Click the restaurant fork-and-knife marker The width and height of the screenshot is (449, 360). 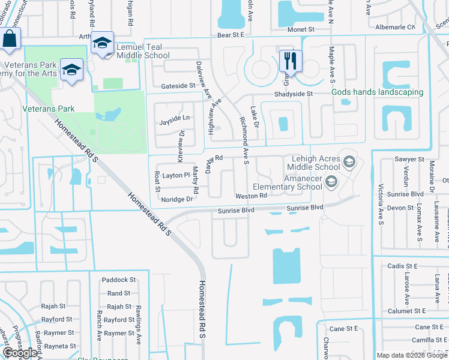coord(291,60)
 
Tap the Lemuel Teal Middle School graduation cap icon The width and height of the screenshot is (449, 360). coord(103,43)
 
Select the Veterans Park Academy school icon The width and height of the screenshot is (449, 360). coord(71,70)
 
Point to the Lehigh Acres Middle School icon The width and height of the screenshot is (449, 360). coord(349,162)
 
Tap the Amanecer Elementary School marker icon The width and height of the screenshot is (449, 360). coord(330,181)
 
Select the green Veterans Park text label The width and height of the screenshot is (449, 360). coord(48,109)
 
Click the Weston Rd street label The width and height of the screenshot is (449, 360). coord(251,196)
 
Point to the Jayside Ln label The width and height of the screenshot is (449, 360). coord(175,118)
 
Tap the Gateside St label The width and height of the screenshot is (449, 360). coord(175,86)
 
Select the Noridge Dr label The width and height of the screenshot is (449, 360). coord(177,199)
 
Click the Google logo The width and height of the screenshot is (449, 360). coord(20,353)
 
